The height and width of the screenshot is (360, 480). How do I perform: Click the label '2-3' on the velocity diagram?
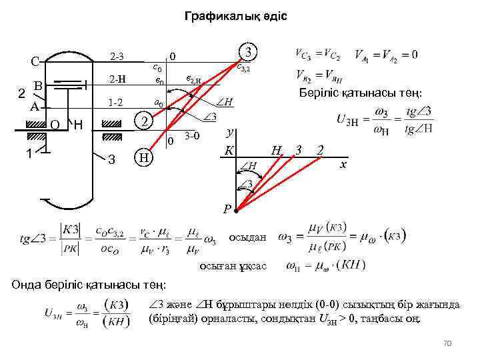tap(116, 56)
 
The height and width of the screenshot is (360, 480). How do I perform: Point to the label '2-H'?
tap(117, 81)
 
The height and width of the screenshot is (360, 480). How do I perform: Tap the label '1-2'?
tap(116, 103)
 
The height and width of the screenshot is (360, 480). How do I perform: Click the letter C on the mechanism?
tap(34, 62)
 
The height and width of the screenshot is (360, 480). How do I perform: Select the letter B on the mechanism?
tap(38, 86)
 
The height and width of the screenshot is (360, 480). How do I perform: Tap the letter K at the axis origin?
tap(229, 151)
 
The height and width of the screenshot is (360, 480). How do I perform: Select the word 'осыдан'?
tap(247, 237)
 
